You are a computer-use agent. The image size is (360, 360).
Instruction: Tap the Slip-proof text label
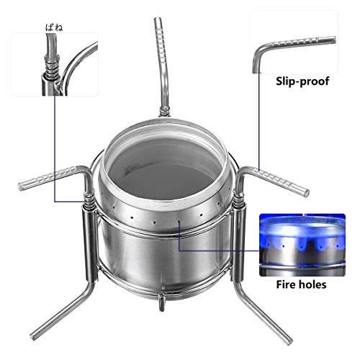click(302, 81)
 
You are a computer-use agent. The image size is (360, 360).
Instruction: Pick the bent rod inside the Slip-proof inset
click(288, 46)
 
